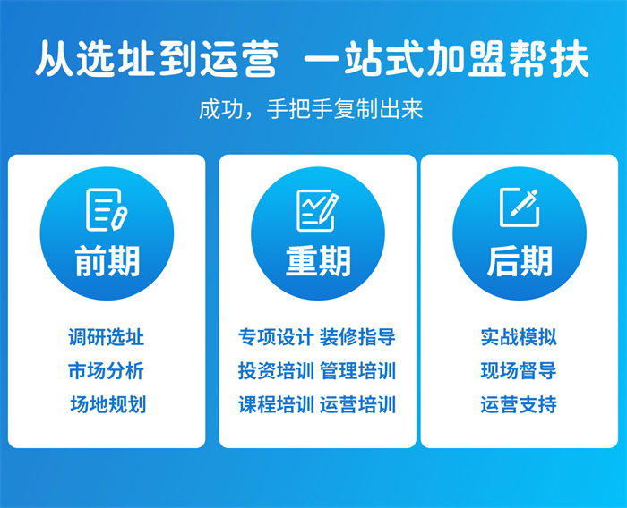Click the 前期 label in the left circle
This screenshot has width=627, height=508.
(107, 261)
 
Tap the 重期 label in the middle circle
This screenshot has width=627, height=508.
(318, 261)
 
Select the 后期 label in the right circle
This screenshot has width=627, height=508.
(520, 261)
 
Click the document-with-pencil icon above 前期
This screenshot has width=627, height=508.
(107, 209)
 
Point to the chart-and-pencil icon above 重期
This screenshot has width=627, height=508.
(317, 210)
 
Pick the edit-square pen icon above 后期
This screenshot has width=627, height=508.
(519, 207)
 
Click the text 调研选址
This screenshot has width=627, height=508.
(107, 337)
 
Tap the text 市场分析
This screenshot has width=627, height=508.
(107, 370)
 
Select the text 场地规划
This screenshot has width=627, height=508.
(108, 404)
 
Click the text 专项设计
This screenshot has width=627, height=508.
(276, 337)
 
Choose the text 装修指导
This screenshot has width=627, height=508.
(358, 337)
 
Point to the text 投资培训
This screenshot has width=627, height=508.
(276, 370)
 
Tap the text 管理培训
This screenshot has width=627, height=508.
(358, 370)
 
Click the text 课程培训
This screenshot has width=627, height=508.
(276, 404)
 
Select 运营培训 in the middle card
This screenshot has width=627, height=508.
(358, 404)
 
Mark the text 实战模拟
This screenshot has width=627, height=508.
(519, 337)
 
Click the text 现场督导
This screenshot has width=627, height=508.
(519, 370)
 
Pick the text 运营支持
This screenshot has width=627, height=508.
(519, 404)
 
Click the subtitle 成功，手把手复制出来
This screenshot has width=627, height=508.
(311, 109)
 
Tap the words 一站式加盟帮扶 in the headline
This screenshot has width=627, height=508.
(447, 58)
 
